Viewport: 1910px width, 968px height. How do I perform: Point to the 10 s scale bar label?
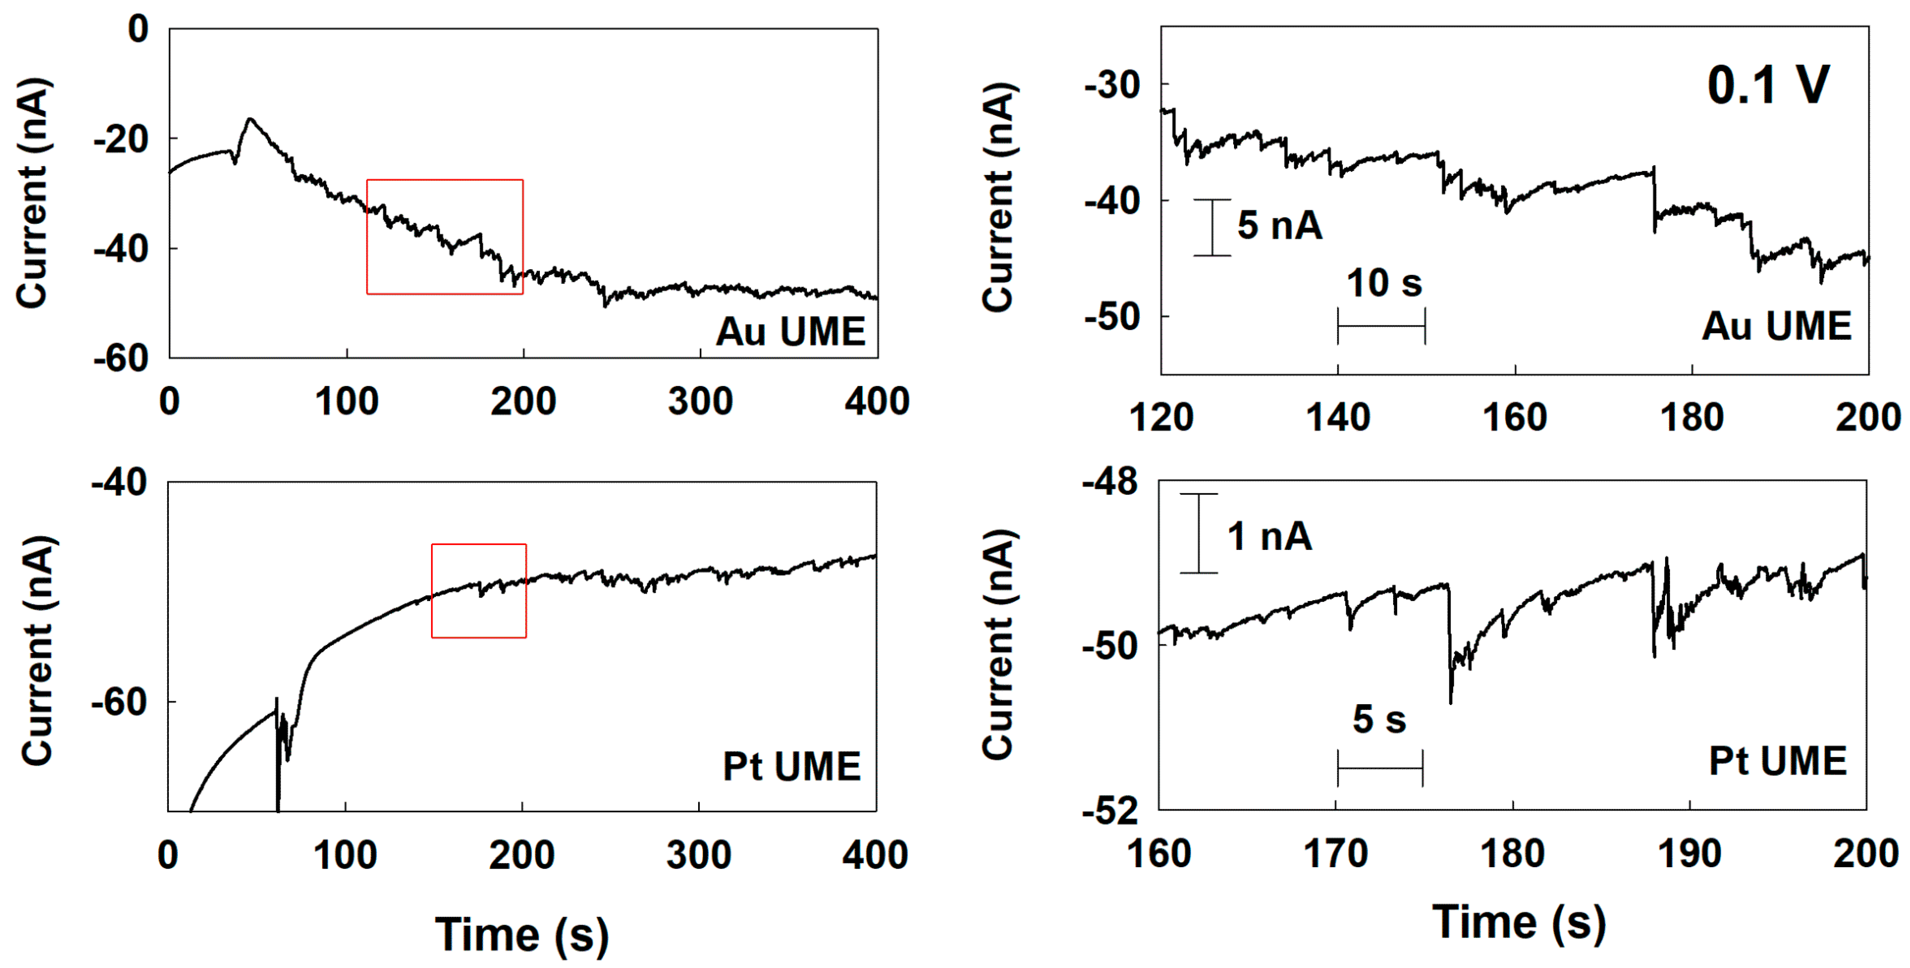[x=1383, y=283]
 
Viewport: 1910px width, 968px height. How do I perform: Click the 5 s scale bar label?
[x=1379, y=719]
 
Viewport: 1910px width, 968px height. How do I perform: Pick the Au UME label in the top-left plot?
[x=791, y=332]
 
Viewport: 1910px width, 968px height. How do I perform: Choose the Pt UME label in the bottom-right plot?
[x=1777, y=761]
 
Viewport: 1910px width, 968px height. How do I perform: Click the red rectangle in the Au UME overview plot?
[x=445, y=180]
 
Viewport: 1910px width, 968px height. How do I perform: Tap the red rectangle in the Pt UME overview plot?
[x=479, y=545]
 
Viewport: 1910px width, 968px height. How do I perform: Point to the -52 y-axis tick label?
[x=1110, y=812]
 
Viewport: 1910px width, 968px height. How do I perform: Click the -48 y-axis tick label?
[x=1110, y=483]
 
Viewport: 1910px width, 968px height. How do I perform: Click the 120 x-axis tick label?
[x=1161, y=417]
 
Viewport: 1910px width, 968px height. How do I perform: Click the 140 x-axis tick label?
[x=1337, y=417]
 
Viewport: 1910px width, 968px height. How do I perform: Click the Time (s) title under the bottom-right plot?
[x=1519, y=923]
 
